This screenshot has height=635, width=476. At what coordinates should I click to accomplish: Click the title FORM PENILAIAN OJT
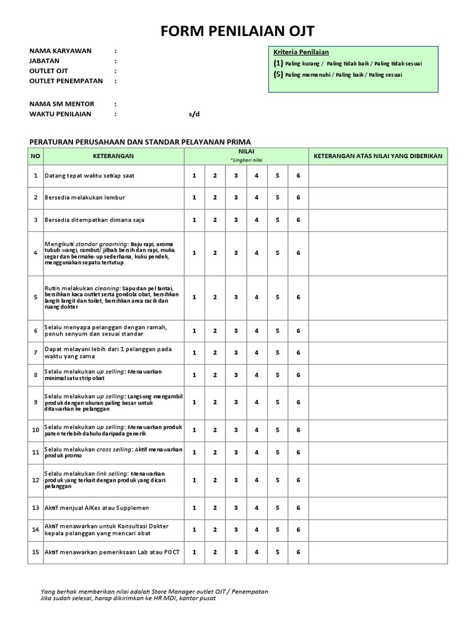[x=238, y=32]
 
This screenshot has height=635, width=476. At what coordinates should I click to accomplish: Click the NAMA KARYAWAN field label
[x=60, y=51]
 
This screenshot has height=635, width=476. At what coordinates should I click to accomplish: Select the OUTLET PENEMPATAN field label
[x=65, y=81]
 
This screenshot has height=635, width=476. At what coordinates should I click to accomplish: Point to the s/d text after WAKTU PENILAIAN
[x=195, y=114]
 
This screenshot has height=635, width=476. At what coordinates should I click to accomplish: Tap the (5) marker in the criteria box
[x=278, y=74]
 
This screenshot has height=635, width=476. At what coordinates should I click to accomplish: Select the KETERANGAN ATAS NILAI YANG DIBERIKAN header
[x=378, y=156]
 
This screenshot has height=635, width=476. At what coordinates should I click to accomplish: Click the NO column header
[x=35, y=156]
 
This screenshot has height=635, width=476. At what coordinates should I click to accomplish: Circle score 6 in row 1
[x=298, y=175]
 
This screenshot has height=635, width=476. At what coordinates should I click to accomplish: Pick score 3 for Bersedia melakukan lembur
[x=236, y=197]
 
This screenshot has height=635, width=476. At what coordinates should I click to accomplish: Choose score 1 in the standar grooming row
[x=194, y=253]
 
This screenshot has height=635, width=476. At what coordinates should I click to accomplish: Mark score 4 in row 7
[x=257, y=352]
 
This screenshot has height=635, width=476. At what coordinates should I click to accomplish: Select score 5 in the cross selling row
[x=278, y=452]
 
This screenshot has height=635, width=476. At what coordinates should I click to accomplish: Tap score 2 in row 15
[x=215, y=552]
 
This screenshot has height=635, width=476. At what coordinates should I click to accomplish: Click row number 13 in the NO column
[x=35, y=507]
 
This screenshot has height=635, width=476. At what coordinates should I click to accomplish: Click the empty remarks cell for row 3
[x=378, y=220]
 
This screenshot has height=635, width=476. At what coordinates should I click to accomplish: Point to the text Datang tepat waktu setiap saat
[x=89, y=175]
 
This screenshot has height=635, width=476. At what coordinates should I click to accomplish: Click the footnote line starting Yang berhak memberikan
[x=154, y=592]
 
